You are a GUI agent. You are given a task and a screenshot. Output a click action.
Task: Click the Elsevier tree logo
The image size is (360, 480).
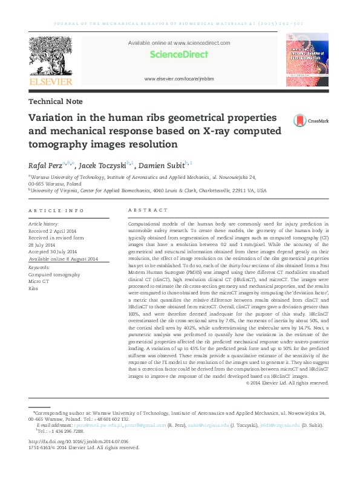(50, 56)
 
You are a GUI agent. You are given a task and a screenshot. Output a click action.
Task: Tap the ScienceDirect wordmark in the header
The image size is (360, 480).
(179, 54)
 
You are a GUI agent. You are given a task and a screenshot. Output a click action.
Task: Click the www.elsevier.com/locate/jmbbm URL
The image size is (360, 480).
(179, 79)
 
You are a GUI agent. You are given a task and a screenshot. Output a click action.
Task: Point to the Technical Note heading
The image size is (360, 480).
(56, 101)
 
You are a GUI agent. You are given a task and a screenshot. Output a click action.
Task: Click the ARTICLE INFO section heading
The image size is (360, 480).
(56, 210)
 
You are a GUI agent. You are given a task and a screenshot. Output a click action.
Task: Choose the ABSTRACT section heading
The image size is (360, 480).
(148, 210)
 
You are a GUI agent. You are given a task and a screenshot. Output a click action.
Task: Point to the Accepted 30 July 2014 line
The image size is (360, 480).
(53, 251)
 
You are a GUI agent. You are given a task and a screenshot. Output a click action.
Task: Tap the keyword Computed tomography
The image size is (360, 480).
(54, 274)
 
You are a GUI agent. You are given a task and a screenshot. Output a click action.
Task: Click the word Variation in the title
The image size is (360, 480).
(54, 118)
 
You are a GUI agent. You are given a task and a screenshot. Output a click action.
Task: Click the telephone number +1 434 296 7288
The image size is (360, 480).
(61, 431)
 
